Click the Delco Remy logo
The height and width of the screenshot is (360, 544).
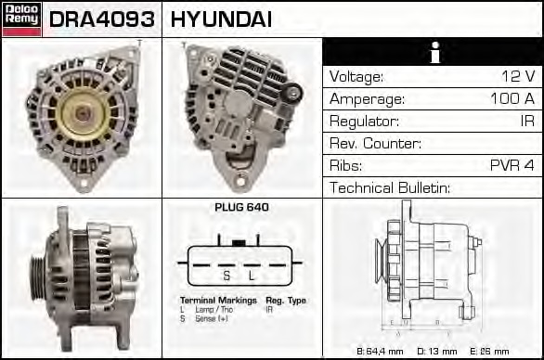click(21, 19)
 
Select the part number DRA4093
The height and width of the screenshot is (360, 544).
click(102, 19)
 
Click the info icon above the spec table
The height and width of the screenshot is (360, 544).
click(432, 52)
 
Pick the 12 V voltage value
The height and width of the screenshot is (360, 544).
click(515, 77)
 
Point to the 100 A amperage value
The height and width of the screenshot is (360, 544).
click(512, 99)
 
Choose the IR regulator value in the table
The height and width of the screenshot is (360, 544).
click(525, 122)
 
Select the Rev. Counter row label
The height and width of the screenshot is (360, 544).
click(376, 144)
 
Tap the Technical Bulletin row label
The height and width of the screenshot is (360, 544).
click(390, 188)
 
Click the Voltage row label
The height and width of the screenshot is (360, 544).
click(356, 77)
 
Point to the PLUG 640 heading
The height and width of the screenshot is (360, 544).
click(242, 208)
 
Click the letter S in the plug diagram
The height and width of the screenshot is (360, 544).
click(226, 276)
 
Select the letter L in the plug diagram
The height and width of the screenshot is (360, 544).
click(251, 276)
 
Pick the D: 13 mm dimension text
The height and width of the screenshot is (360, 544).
click(438, 351)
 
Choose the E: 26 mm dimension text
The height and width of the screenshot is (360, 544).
click(492, 351)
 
